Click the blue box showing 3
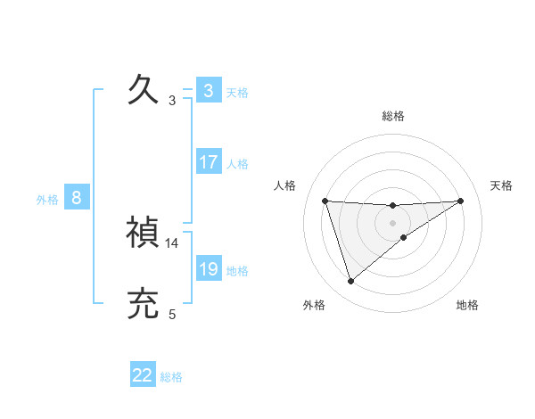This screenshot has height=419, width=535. [x=209, y=91]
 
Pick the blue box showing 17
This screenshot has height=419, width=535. [x=209, y=162]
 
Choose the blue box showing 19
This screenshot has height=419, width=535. [x=209, y=269]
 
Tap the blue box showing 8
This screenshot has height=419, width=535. [x=77, y=198]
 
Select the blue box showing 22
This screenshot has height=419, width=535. [x=143, y=375]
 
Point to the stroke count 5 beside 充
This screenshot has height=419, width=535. [x=172, y=314]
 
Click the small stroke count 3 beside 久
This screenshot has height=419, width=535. [x=172, y=100]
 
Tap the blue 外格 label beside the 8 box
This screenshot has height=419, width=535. [x=47, y=200]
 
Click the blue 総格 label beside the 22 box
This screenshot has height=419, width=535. [x=171, y=377]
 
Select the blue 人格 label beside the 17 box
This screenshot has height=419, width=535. [x=237, y=164]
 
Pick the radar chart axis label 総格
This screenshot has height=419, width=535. [x=393, y=116]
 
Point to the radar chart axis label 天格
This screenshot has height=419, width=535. [x=502, y=185]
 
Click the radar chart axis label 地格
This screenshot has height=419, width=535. [x=467, y=305]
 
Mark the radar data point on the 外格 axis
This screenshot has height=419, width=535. [x=350, y=282]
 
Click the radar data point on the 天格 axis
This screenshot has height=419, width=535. [x=461, y=201]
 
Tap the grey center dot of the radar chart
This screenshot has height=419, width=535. [x=392, y=223]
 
